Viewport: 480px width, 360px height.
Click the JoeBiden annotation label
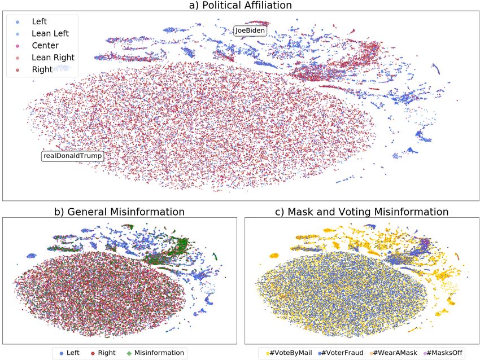(x=250, y=31)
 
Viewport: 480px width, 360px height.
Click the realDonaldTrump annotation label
(x=72, y=155)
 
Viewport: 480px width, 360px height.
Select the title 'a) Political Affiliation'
(x=240, y=6)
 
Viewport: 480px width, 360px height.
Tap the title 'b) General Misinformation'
(x=119, y=212)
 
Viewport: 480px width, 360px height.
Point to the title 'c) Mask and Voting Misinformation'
(x=361, y=212)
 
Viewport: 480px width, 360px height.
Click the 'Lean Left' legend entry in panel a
(x=50, y=33)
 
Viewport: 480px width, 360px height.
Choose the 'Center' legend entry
(x=45, y=46)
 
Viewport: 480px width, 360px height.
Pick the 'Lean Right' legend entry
(x=53, y=58)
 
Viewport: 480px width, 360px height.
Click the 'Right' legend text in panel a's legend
(x=42, y=70)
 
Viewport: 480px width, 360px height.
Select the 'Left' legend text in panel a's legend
(x=40, y=21)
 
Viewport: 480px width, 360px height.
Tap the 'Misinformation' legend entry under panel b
(x=159, y=353)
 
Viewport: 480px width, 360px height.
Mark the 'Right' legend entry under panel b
(x=106, y=353)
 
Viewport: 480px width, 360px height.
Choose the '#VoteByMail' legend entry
(x=291, y=353)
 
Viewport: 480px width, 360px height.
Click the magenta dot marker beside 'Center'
(x=18, y=46)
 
